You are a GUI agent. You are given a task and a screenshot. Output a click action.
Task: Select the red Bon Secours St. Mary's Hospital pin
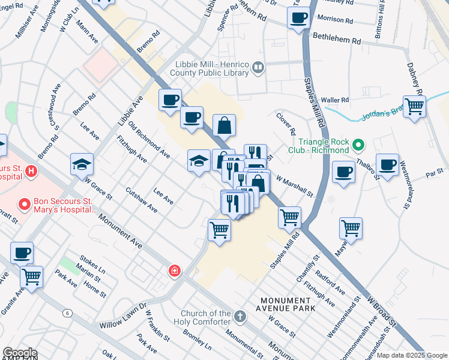(x=25, y=205)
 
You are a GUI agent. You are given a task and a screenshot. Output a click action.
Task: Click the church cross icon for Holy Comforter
(x=240, y=316)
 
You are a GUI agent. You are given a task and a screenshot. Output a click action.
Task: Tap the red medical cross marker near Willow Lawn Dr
(x=174, y=271)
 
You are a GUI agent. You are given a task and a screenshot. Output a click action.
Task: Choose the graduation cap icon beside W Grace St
(x=82, y=164)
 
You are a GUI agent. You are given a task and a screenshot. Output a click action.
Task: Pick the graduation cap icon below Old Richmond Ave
(x=199, y=160)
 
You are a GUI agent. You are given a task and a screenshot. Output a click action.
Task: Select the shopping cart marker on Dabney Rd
(x=414, y=107)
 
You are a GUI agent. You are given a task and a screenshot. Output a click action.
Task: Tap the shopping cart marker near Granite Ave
(x=31, y=277)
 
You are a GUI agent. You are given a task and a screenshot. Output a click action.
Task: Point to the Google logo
(x=19, y=353)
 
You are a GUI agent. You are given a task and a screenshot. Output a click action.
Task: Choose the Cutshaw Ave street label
(x=142, y=200)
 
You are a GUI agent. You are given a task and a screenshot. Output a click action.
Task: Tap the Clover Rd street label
(x=286, y=123)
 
